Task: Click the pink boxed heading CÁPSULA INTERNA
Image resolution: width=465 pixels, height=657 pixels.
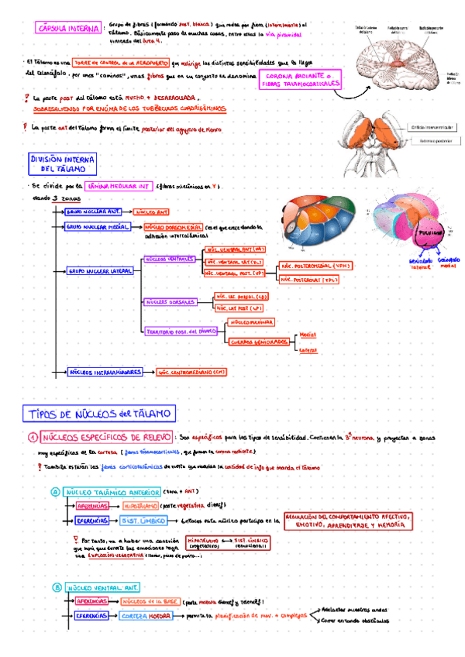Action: (67, 29)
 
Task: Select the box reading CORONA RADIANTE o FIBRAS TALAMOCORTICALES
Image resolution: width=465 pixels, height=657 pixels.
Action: (300, 80)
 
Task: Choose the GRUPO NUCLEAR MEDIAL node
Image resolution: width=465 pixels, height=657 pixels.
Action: (97, 227)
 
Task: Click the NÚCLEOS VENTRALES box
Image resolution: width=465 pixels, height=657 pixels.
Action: (169, 259)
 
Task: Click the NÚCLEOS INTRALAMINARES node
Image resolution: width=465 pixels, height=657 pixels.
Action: (103, 372)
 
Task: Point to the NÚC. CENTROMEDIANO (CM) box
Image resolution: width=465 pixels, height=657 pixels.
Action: (191, 372)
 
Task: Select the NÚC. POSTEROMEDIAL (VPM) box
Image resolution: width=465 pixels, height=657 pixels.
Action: (315, 266)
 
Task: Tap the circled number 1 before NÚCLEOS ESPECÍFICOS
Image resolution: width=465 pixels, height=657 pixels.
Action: (33, 438)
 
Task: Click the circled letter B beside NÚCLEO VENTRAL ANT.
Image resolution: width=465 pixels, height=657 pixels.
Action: (55, 588)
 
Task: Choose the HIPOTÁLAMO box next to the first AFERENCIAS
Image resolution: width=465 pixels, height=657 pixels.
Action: (139, 506)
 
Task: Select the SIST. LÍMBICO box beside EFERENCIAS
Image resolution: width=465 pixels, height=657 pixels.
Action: (140, 521)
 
